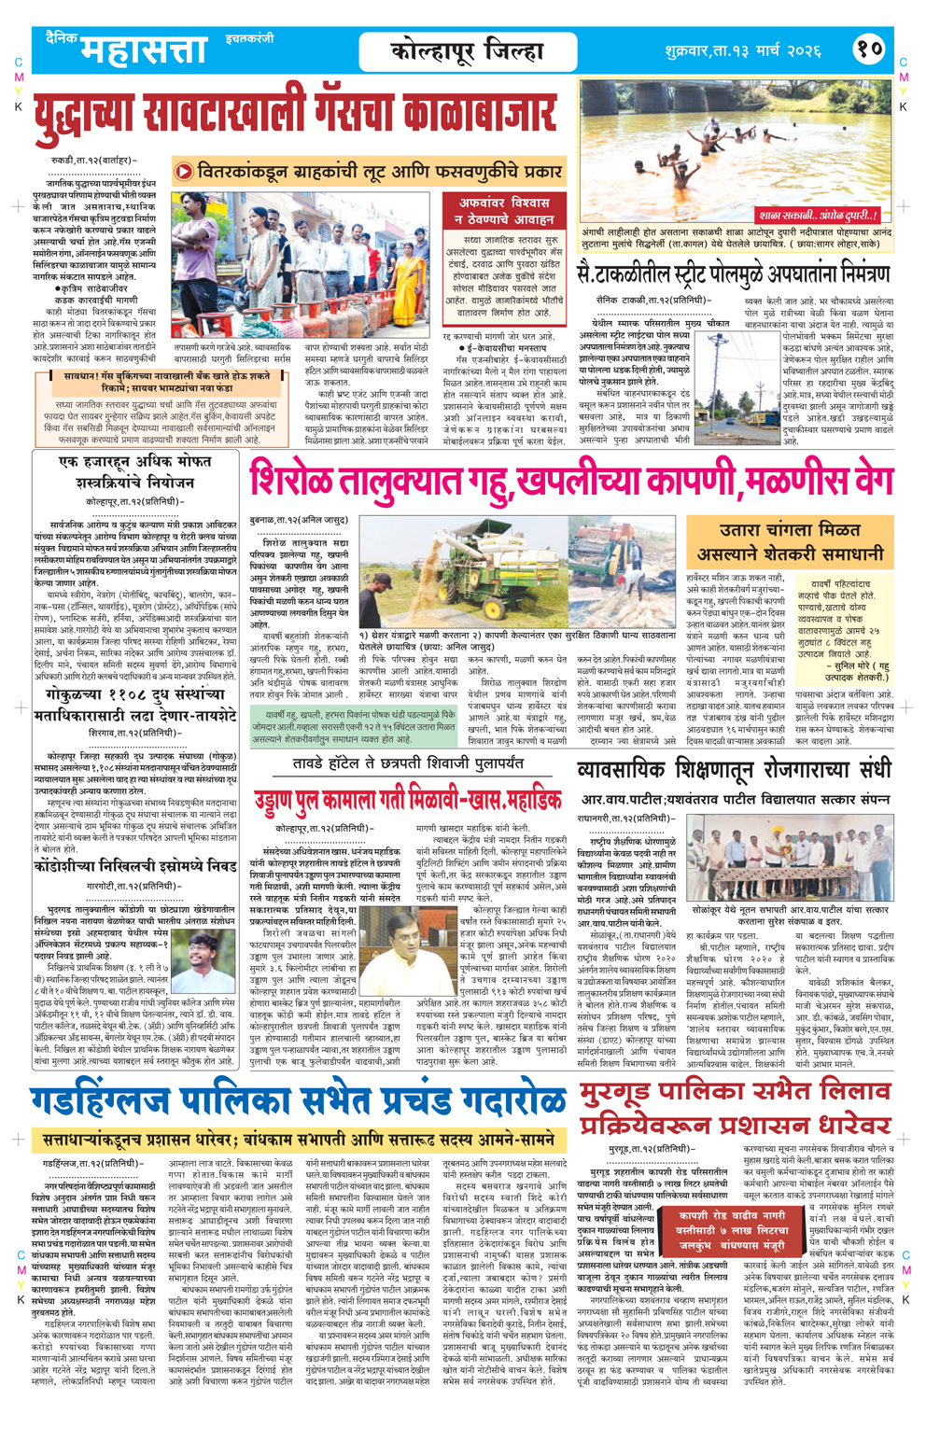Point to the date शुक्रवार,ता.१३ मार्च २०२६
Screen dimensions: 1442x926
click(x=743, y=49)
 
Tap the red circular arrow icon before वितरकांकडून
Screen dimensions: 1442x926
click(x=184, y=171)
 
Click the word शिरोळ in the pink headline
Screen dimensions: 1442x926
click(x=295, y=483)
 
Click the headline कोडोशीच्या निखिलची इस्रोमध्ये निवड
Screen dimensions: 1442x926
click(x=134, y=866)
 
